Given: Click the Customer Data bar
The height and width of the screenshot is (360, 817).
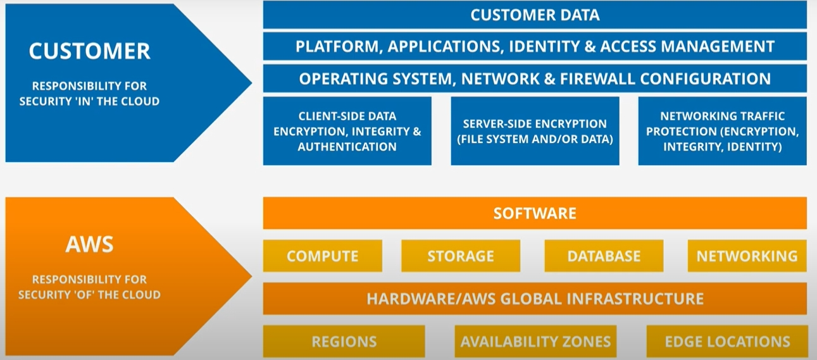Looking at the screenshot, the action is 535,15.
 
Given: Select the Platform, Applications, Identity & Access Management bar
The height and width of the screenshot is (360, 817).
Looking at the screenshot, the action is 535,46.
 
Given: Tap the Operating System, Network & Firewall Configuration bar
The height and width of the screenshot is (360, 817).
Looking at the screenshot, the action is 535,78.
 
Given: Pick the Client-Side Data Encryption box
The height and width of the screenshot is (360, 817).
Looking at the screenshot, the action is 347,131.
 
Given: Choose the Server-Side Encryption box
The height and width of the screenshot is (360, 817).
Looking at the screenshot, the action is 535,131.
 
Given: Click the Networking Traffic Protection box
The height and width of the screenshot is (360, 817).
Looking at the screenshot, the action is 723,131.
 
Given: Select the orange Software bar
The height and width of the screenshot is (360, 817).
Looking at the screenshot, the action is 535,213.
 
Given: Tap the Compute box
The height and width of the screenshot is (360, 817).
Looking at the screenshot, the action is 322,256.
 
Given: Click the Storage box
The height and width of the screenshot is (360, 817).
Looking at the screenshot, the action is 461,256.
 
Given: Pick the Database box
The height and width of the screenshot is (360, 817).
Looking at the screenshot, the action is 604,256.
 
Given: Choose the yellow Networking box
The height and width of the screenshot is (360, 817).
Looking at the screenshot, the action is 747,256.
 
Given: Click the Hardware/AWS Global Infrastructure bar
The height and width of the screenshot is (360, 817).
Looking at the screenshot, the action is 535,299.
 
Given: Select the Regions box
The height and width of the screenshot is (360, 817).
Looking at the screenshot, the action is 344,342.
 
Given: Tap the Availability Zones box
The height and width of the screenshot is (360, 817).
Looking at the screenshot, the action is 535,342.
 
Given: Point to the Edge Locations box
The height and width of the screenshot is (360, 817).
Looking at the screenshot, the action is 727,342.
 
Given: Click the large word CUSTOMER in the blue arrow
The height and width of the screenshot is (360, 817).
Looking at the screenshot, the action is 89,51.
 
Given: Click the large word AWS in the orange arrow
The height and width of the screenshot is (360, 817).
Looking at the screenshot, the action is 89,244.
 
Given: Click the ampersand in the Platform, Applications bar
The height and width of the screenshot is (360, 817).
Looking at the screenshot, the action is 589,47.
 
